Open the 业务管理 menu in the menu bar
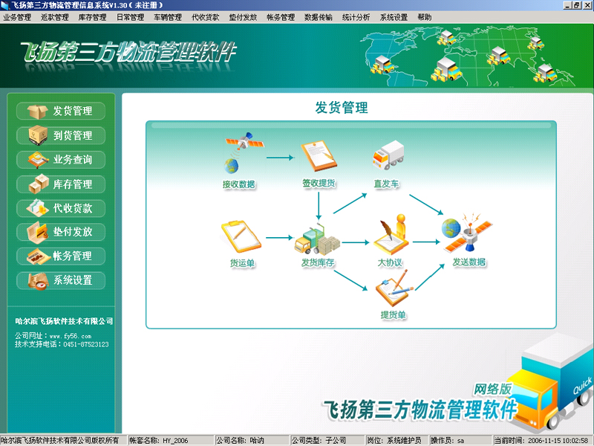[x=17, y=17]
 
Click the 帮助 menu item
[x=424, y=17]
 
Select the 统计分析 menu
[x=356, y=17]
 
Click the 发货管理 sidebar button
[x=61, y=111]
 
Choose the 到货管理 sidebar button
[x=61, y=135]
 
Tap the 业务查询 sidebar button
[x=61, y=160]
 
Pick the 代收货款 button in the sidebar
[x=61, y=208]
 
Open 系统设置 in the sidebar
[x=61, y=281]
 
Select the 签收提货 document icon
[x=319, y=156]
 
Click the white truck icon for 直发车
[x=388, y=155]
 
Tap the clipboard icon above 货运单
[x=241, y=236]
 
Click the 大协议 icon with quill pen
[x=391, y=235]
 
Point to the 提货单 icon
[x=394, y=288]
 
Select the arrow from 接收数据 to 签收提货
[x=281, y=158]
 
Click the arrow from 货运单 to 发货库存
[x=280, y=238]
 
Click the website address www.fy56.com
[x=71, y=336]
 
